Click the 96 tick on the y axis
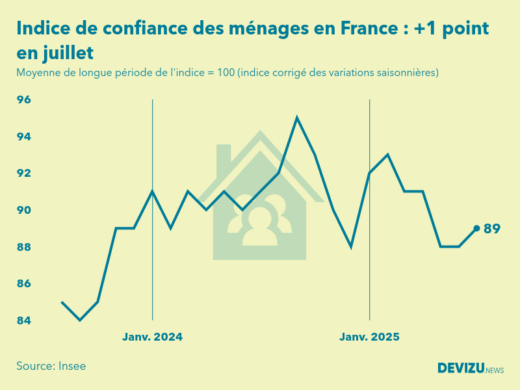(24, 100)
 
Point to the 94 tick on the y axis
(24, 137)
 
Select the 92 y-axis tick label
(24, 173)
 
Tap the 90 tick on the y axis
(24, 210)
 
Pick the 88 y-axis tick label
(24, 247)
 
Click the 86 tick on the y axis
(24, 284)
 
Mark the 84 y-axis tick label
(24, 320)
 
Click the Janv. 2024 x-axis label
(152, 338)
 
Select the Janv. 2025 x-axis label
(370, 338)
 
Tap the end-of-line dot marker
(476, 228)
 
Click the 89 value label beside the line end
(492, 229)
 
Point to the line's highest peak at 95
(297, 117)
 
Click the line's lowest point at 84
(80, 320)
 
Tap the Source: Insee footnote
(51, 366)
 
